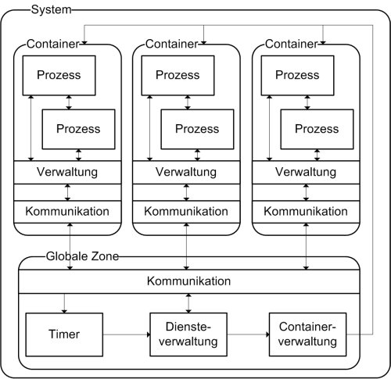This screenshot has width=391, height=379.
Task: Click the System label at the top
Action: pos(49,9)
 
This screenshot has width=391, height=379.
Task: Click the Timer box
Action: pos(65,333)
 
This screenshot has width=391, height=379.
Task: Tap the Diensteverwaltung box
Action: pos(187,333)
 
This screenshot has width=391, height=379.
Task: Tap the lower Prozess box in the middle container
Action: pos(198,127)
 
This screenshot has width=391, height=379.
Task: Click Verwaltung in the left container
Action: pos(67,171)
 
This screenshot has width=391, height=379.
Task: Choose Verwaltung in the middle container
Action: pos(187,171)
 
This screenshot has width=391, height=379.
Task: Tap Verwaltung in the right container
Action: pos(306,171)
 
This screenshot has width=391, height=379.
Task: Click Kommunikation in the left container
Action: pos(67,212)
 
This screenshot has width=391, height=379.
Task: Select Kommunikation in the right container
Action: pos(306,212)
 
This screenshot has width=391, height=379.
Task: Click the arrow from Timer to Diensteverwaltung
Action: pos(126,334)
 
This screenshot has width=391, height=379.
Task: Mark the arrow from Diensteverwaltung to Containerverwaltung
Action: pos(246,334)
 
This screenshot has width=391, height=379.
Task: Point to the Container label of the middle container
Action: pos(172,45)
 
